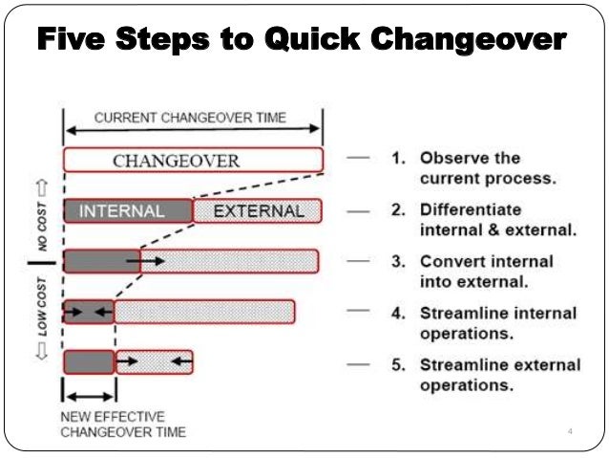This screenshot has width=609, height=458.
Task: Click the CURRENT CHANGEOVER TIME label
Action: pos(189,120)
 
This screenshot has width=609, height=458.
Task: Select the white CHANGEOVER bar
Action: pos(192,160)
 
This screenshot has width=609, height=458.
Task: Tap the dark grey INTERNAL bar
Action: pos(128,210)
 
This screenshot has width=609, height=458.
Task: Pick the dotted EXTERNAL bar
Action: pos(258,210)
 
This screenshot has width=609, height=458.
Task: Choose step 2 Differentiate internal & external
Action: pos(486,220)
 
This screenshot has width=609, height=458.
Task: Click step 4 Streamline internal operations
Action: pos(497,323)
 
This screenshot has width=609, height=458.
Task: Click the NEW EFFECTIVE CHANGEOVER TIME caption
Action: pos(122,425)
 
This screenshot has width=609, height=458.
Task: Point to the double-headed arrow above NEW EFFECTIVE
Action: pos(89,395)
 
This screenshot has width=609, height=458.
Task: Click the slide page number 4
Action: pos(570,433)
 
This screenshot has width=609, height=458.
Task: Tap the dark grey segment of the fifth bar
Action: pos(89,361)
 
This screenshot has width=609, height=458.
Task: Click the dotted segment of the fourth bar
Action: pos(203,311)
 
